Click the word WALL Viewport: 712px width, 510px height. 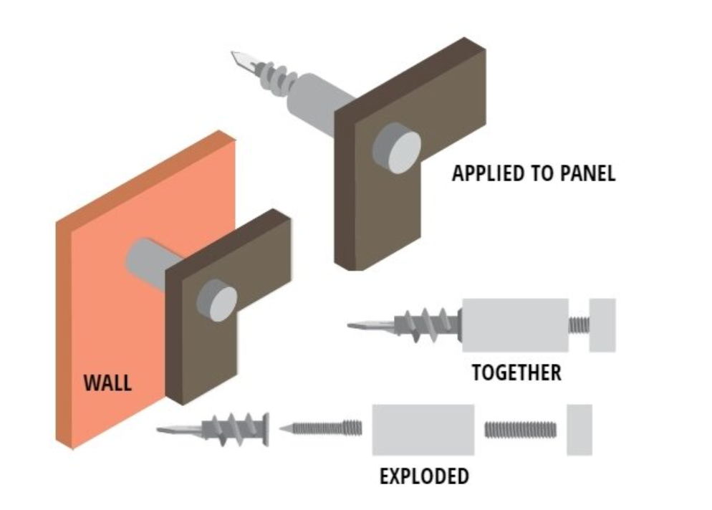click(107, 382)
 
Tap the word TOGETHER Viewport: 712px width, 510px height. click(516, 372)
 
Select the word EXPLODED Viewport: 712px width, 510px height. click(424, 476)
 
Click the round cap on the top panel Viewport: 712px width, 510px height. click(395, 147)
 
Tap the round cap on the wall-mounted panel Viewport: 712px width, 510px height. click(216, 299)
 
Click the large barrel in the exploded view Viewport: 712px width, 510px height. click(423, 430)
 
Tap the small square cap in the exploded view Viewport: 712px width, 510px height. click(579, 430)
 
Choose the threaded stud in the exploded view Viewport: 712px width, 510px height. click(520, 430)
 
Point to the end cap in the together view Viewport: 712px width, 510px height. click(602, 324)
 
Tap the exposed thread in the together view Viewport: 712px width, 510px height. click(578, 324)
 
